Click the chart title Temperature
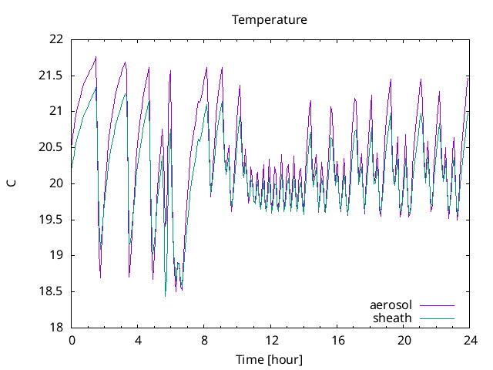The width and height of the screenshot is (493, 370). [270, 19]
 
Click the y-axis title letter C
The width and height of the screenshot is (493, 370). [12, 183]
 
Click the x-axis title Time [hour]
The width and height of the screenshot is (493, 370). [270, 360]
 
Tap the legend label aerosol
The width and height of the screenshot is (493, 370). [391, 305]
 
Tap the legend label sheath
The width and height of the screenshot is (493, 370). [392, 318]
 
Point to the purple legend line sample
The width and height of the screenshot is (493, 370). [436, 305]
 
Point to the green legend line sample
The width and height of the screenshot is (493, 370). [436, 318]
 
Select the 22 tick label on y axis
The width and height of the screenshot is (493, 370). [57, 39]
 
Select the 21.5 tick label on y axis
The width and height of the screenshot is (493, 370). [52, 76]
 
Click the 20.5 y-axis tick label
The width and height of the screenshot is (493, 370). [52, 147]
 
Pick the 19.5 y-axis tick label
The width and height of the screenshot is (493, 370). [52, 220]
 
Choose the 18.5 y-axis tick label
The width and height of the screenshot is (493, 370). [52, 291]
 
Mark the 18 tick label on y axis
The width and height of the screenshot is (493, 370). [57, 328]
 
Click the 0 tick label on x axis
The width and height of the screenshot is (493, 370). [72, 340]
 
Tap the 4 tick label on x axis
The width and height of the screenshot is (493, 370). [138, 340]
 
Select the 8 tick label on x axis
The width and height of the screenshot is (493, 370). [205, 340]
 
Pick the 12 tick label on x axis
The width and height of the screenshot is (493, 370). [271, 340]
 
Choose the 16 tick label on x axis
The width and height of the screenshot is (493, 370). [337, 340]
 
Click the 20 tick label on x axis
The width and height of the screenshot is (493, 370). [404, 340]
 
